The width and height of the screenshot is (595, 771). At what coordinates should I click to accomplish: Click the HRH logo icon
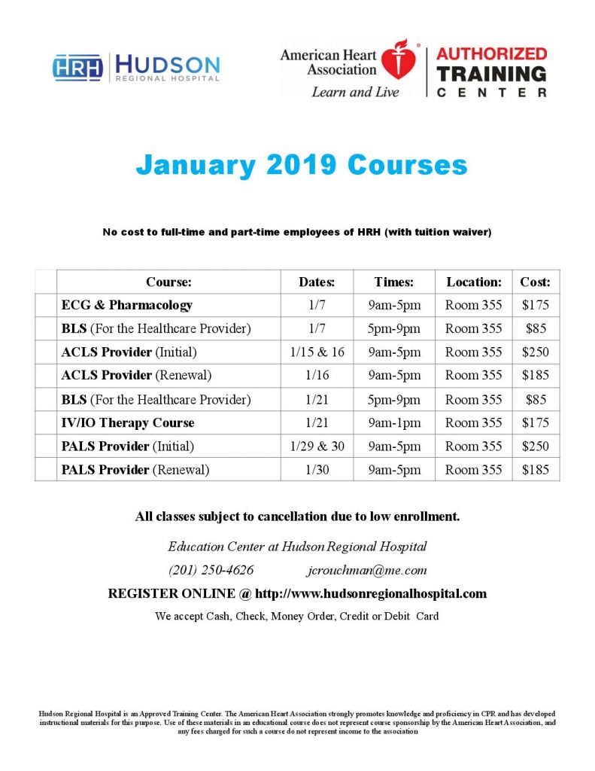pyautogui.click(x=78, y=67)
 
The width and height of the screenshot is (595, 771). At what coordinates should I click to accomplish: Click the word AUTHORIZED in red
pyautogui.click(x=491, y=54)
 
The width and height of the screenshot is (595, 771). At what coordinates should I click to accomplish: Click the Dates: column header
pyautogui.click(x=317, y=282)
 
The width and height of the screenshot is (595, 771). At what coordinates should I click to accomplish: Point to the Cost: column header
pyautogui.click(x=536, y=282)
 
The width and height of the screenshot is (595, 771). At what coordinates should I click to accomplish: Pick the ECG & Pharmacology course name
pyautogui.click(x=126, y=305)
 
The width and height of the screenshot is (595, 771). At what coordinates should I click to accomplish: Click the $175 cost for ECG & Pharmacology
pyautogui.click(x=536, y=305)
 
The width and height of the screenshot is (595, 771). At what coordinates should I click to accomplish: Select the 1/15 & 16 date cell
pyautogui.click(x=317, y=352)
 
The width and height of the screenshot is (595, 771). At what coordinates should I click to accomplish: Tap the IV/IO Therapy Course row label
pyautogui.click(x=128, y=422)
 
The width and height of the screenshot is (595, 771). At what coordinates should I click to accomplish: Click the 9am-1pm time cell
pyautogui.click(x=394, y=422)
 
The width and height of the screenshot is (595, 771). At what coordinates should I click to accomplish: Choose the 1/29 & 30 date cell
pyautogui.click(x=317, y=446)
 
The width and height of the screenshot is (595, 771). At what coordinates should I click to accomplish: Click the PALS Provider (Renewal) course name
pyautogui.click(x=135, y=470)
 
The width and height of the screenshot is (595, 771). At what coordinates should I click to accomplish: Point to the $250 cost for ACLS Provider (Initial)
pyautogui.click(x=536, y=352)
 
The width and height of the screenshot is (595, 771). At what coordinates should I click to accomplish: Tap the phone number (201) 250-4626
pyautogui.click(x=211, y=569)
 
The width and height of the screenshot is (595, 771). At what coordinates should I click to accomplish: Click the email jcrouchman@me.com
pyautogui.click(x=367, y=569)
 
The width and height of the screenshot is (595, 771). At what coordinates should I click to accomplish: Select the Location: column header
pyautogui.click(x=473, y=282)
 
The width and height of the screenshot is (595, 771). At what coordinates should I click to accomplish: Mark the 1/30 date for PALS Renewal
pyautogui.click(x=317, y=470)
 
